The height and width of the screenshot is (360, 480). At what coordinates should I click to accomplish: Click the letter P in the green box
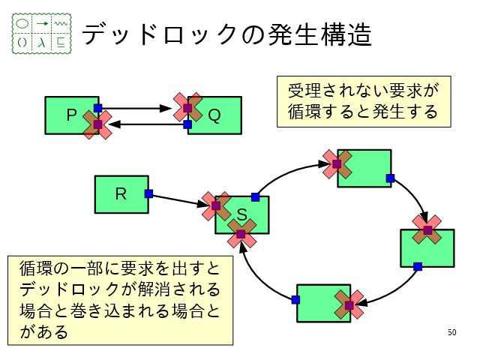(x=72, y=115)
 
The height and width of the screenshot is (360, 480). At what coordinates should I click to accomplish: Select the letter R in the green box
(x=120, y=193)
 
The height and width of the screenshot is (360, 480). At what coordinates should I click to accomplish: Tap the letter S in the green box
(x=241, y=216)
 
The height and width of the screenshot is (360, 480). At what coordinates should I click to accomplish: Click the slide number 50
(x=451, y=332)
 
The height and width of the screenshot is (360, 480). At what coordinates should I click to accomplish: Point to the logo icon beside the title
(x=42, y=33)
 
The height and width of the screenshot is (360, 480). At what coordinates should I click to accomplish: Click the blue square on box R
(x=148, y=193)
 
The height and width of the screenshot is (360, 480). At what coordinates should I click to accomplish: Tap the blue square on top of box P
(x=97, y=108)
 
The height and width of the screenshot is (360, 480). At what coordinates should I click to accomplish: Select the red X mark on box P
(x=97, y=124)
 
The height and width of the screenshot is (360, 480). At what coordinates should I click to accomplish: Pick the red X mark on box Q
(x=187, y=108)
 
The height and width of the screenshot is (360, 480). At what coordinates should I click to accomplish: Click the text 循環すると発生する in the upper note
(x=362, y=112)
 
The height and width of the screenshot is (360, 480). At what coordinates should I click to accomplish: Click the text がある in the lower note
(x=43, y=331)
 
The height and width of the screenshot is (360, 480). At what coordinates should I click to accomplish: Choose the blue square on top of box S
(x=255, y=197)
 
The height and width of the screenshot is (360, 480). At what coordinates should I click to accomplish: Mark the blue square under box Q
(x=187, y=125)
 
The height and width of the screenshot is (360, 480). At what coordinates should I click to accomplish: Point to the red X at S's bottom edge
(x=241, y=234)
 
